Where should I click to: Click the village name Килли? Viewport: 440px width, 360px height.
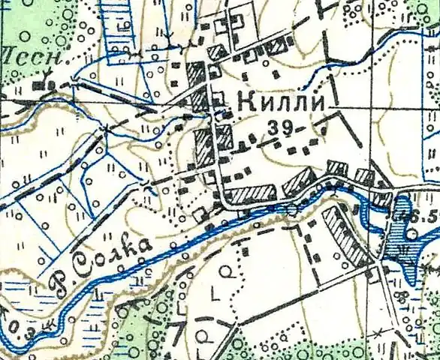[x=281, y=103]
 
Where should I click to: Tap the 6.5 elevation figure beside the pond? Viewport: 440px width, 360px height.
[x=426, y=216]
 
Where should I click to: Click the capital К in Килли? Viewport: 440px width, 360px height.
[x=245, y=103]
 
